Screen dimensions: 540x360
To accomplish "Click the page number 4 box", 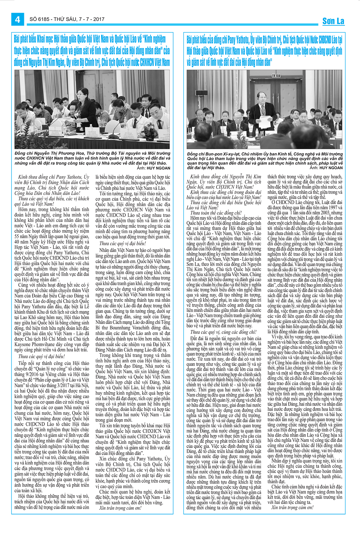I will point(17,19).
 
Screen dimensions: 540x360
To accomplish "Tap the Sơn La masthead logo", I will point(333,21).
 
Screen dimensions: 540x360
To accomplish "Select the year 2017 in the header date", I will point(99,19).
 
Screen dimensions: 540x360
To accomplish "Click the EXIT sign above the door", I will point(276,76).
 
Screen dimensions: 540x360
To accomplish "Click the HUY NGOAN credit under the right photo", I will point(331,168).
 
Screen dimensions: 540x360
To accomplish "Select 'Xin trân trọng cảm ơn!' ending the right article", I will point(292,508).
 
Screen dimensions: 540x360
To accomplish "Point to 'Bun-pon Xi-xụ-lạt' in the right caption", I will point(220,154).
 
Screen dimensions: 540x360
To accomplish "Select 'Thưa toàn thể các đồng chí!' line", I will point(216,213).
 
